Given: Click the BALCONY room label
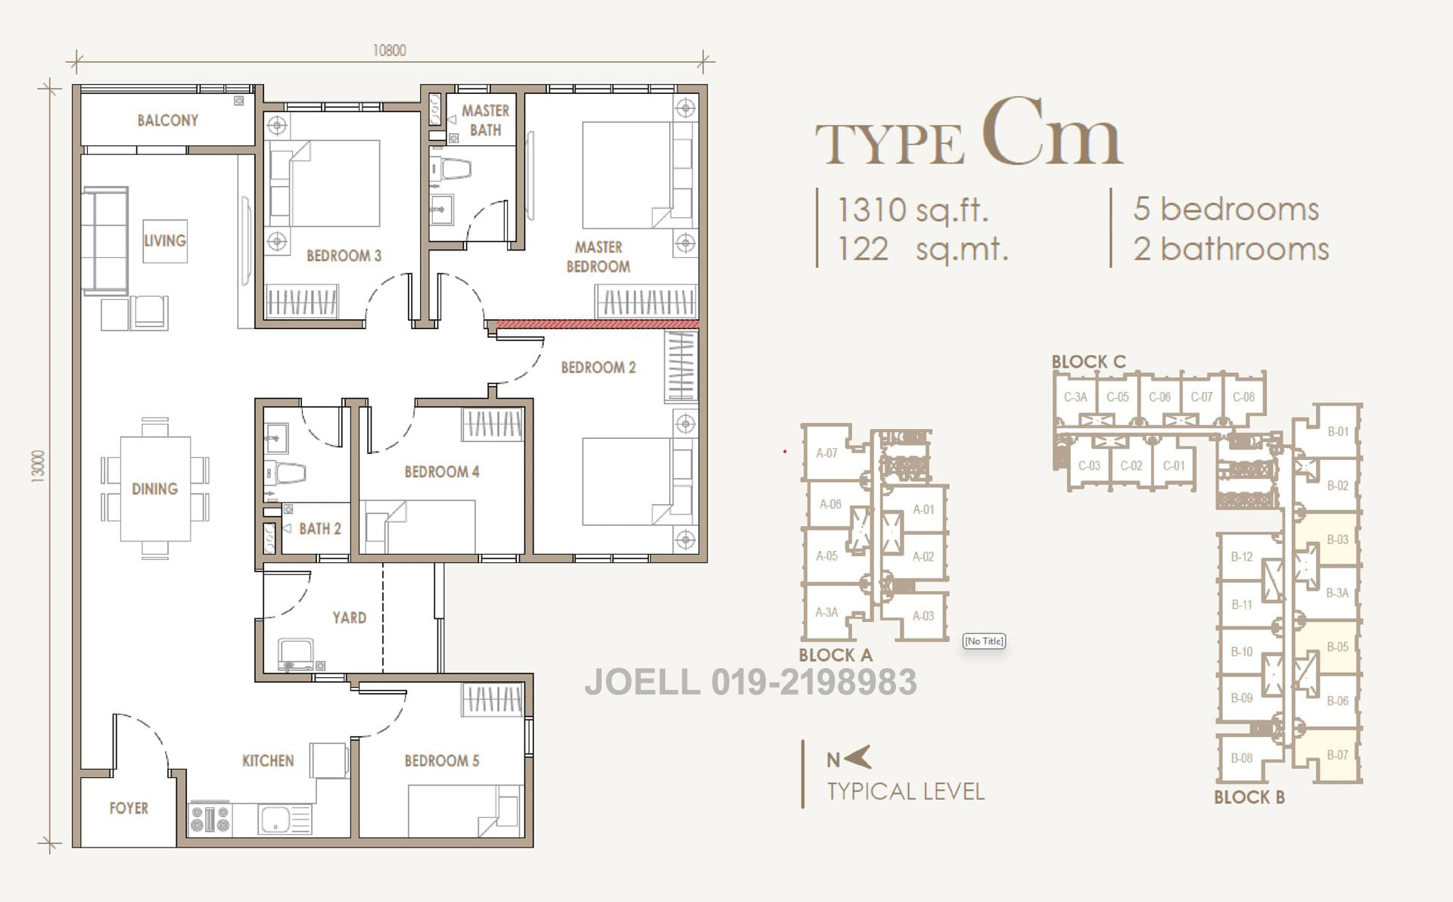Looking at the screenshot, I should tap(167, 120).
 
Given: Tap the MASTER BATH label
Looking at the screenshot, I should tap(485, 120).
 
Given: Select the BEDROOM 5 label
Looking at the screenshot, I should tap(441, 760).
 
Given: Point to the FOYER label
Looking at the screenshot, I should tap(128, 808).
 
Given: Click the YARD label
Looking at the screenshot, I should tap(349, 617).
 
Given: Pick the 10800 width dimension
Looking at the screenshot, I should tap(389, 51).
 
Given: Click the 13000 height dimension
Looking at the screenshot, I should tap(38, 466).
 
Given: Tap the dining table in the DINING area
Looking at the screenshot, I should tap(154, 489).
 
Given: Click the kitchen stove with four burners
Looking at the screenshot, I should tap(210, 819).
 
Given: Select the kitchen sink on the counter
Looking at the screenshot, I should tap(277, 819).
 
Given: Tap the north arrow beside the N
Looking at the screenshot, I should tap(858, 757).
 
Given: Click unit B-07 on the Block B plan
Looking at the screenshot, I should tap(1337, 754).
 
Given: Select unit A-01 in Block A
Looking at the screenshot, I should tap(923, 509).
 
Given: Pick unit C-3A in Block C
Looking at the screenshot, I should tap(1075, 397).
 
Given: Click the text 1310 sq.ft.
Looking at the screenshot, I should tap(913, 210).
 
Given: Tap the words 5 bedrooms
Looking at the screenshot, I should tap(1226, 209).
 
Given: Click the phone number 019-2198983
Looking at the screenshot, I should tap(814, 682).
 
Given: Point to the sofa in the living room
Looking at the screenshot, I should tap(104, 240).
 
